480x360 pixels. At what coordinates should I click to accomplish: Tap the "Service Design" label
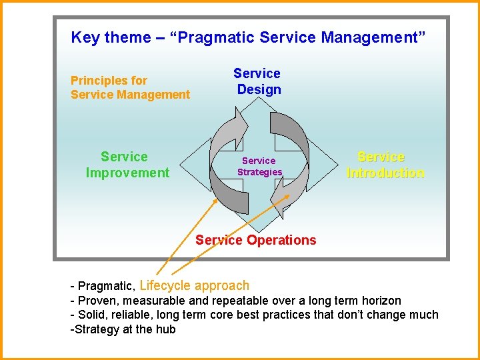257,81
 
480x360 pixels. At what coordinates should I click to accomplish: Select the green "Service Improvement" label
127,165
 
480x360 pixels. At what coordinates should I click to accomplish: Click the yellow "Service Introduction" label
385,165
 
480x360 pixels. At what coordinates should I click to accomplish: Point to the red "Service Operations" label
256,240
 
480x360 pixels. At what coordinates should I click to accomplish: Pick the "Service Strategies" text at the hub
259,166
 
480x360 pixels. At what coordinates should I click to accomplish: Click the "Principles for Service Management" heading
130,87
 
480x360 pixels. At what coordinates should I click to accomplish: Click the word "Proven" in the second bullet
97,301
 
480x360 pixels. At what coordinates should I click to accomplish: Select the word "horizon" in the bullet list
379,301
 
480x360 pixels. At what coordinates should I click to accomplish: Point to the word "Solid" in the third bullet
93,315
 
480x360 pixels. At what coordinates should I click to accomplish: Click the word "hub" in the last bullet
165,329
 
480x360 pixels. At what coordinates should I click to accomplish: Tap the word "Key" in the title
84,37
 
